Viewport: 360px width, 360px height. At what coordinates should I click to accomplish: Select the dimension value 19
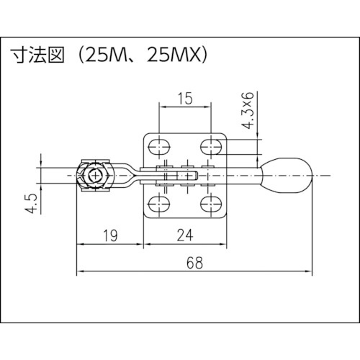(x=110, y=234)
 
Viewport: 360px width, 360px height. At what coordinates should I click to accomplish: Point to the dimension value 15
(x=184, y=99)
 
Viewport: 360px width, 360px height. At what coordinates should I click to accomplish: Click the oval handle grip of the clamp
(x=288, y=174)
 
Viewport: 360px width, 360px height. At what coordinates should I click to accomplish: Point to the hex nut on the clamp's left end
(x=94, y=175)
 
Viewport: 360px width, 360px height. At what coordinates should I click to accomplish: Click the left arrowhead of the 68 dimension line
(x=80, y=272)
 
